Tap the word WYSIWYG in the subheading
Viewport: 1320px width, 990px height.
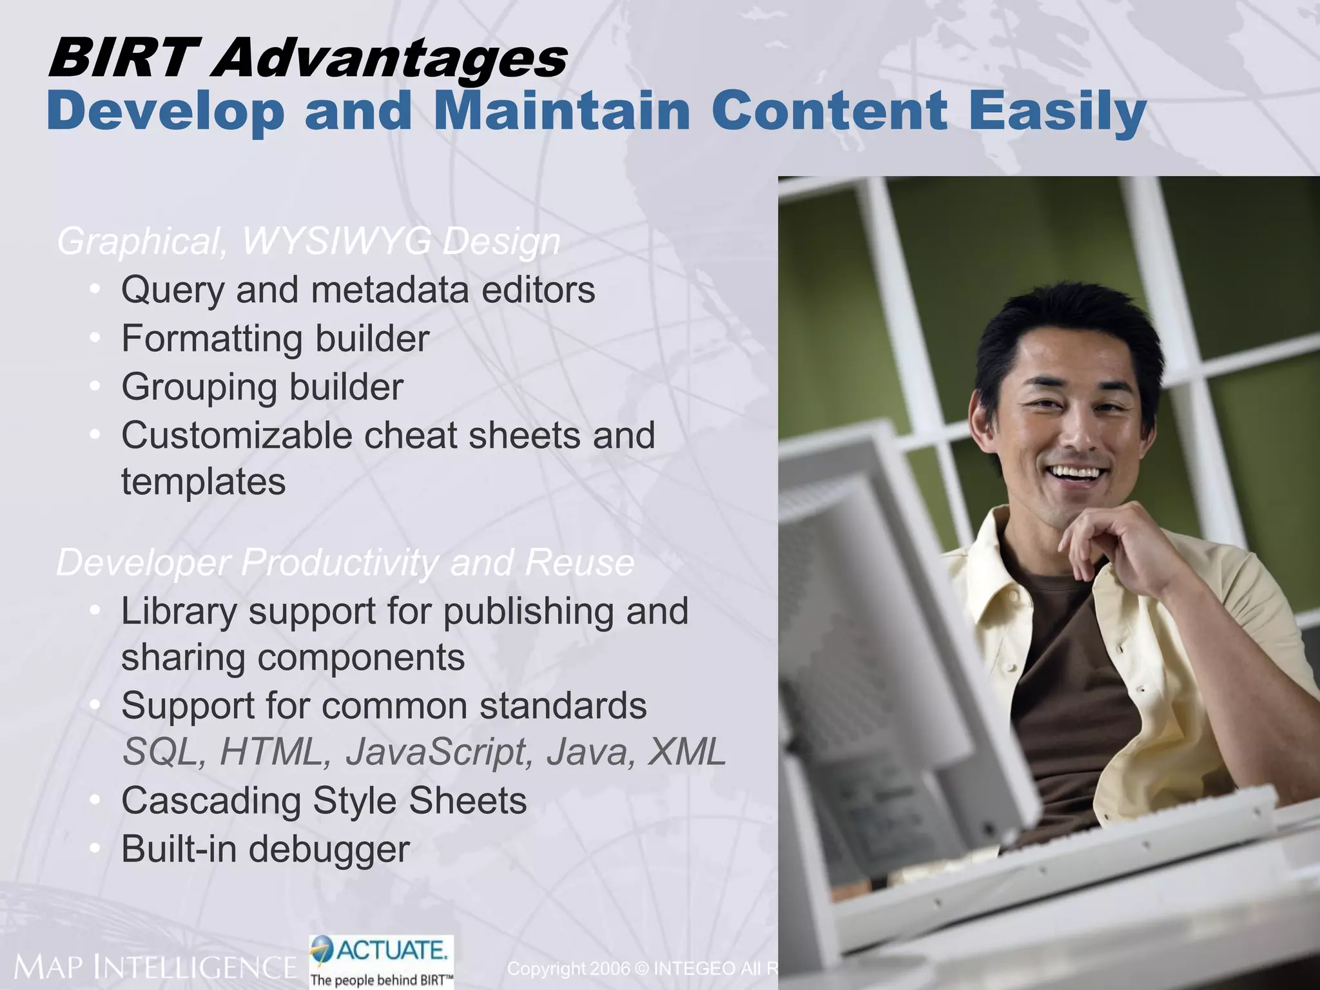point(336,242)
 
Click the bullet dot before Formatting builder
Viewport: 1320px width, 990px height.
point(95,337)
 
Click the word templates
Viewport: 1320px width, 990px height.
point(203,482)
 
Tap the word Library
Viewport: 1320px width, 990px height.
point(179,612)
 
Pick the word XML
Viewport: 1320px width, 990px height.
point(687,752)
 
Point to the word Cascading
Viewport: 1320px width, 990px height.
point(211,801)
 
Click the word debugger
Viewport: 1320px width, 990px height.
point(329,849)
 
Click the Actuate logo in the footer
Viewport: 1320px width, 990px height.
point(382,961)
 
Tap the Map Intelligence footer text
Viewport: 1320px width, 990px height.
point(155,967)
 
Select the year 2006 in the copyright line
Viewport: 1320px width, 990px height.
point(610,969)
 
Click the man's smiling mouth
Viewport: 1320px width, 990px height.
point(1075,474)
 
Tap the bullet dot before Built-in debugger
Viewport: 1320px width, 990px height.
point(95,848)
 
